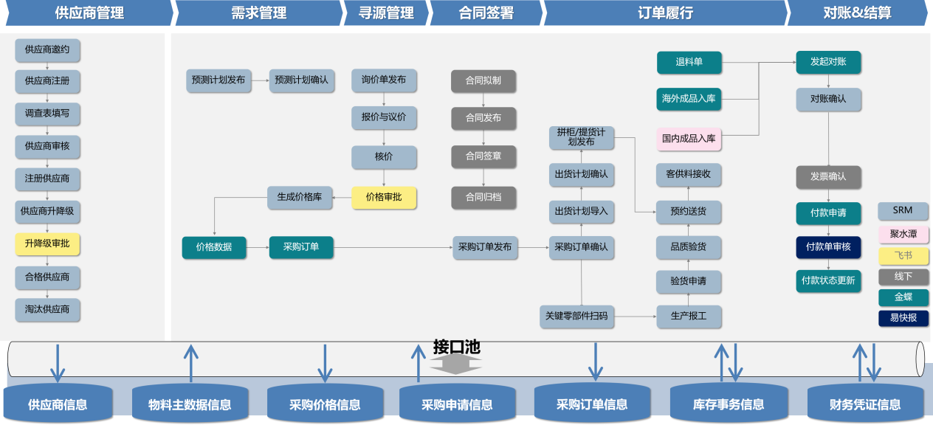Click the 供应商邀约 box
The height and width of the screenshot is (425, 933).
click(47, 50)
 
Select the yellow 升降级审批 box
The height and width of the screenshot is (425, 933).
click(47, 243)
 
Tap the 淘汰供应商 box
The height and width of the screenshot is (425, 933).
click(47, 309)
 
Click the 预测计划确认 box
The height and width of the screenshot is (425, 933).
click(301, 80)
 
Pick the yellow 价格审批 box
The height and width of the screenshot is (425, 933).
click(384, 198)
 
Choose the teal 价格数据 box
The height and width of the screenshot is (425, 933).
click(214, 247)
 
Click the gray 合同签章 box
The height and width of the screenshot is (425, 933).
click(483, 156)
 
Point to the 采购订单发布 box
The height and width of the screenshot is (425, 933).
click(485, 247)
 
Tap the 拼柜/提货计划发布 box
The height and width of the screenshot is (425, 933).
click(582, 137)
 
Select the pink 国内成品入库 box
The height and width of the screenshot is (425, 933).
click(689, 138)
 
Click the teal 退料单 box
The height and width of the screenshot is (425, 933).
click(689, 63)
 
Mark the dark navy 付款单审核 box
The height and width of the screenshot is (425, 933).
click(828, 247)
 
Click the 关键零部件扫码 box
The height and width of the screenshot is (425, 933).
click(576, 316)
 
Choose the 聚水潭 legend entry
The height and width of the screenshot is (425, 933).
click(903, 234)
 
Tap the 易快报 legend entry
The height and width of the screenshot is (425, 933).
click(903, 318)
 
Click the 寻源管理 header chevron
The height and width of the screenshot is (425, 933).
click(385, 13)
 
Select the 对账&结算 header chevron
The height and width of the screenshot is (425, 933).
click(856, 13)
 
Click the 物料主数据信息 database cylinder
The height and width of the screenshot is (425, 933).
click(190, 404)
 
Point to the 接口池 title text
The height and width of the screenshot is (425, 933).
click(456, 347)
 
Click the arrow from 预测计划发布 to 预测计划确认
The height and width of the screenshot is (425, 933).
click(260, 80)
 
